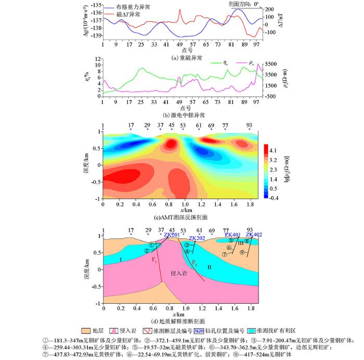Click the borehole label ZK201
172,235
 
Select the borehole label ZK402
254,235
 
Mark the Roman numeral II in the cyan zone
209,267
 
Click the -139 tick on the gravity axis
96,35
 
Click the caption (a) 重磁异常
182,58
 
